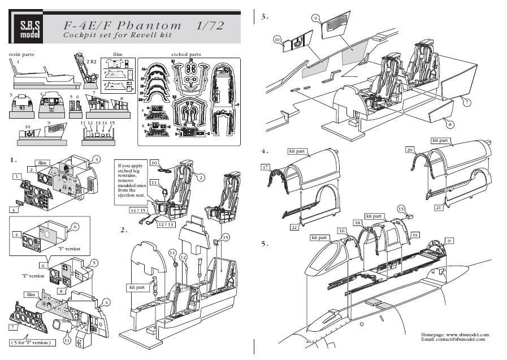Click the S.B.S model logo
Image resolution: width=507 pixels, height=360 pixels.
coord(26,29)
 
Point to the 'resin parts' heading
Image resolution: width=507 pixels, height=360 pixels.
coord(21,54)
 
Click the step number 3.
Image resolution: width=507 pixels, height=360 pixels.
coord(264,16)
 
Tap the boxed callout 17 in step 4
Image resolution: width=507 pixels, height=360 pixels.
coord(265,167)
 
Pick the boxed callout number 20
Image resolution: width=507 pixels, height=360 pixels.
coord(410,150)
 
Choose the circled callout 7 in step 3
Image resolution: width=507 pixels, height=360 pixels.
coord(467,102)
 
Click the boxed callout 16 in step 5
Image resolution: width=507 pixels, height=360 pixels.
coord(341,231)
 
